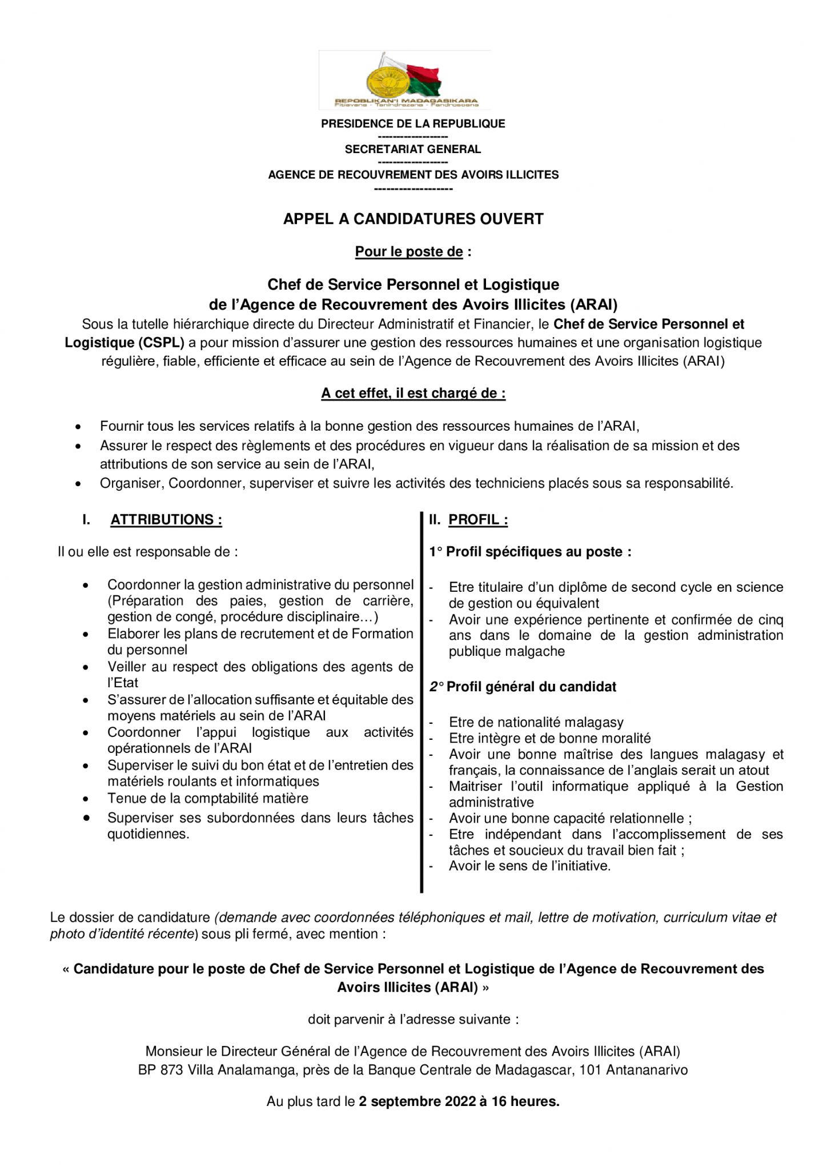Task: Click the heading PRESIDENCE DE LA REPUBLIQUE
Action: click(413, 124)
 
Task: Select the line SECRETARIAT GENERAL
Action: click(413, 149)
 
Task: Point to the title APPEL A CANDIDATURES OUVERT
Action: click(413, 219)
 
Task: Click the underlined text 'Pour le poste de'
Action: click(409, 252)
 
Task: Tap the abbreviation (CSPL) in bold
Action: click(161, 343)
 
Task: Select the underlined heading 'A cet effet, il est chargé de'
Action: click(413, 394)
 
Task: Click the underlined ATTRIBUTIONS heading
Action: click(166, 520)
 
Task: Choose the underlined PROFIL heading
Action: click(478, 520)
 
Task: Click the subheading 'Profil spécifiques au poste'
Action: click(539, 552)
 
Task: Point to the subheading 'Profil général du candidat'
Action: click(531, 687)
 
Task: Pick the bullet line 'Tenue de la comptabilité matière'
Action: click(208, 799)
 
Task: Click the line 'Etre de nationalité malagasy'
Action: click(536, 723)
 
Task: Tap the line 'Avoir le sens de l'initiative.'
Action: click(529, 866)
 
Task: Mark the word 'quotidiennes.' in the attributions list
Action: click(148, 834)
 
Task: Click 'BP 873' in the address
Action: click(160, 1070)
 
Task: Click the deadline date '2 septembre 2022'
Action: click(417, 1101)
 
